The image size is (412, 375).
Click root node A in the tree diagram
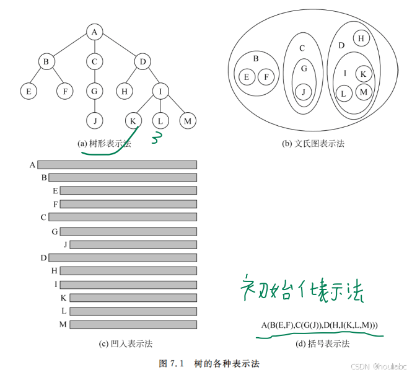pos(93,32)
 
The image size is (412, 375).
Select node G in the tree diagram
pos(93,90)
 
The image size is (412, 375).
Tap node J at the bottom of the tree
pos(93,120)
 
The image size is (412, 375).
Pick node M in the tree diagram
pos(187,120)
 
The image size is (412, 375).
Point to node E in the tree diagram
pos(27,90)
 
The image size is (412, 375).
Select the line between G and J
pos(93,105)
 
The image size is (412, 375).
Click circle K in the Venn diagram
pos(363,74)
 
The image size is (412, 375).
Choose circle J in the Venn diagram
pos(303,92)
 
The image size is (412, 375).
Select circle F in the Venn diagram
pos(266,77)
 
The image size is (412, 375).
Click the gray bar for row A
pos(117,165)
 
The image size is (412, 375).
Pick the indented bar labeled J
pos(133,245)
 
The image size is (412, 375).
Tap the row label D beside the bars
pos(43,257)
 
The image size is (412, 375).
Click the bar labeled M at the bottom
pos(133,324)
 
